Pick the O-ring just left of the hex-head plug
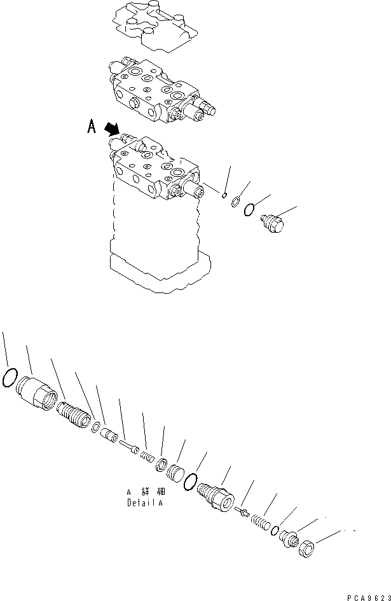click(x=250, y=209)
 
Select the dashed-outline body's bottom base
click(x=159, y=270)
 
